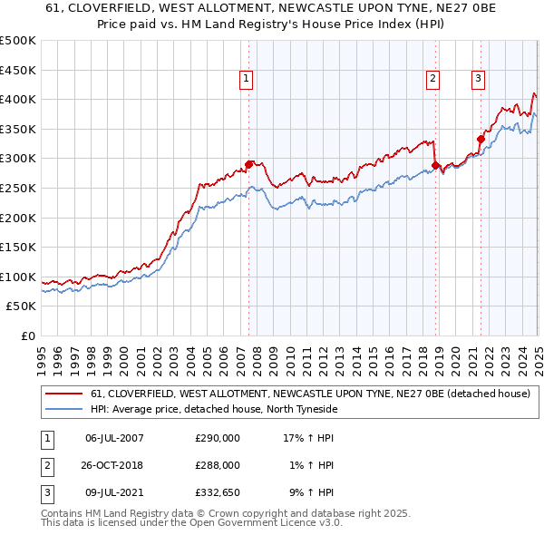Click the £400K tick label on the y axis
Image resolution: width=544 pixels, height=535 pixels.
coord(18,99)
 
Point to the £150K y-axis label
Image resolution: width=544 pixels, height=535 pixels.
coord(18,247)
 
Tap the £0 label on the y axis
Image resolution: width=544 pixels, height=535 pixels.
coord(27,336)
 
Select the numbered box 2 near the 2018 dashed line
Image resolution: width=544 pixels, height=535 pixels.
coord(433,80)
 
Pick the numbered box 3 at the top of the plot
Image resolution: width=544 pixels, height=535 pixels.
coord(478,80)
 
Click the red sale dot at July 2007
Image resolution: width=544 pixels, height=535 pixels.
coord(248,164)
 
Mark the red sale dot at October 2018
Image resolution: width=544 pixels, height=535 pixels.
coord(436,165)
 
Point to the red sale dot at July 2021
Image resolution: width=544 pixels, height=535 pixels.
coord(481,139)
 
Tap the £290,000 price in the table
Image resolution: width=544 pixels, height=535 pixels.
coord(218,438)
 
